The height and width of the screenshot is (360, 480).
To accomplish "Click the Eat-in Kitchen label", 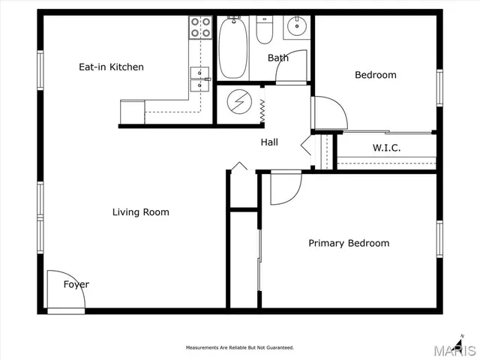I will [x=111, y=67].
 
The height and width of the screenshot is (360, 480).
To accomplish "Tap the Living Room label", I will [x=140, y=212].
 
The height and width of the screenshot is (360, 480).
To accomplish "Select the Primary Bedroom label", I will [x=349, y=243].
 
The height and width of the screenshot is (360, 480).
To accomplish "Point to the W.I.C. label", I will [x=386, y=148].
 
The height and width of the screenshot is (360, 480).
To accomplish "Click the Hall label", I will [x=269, y=142].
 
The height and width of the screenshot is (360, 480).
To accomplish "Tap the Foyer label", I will [x=76, y=284].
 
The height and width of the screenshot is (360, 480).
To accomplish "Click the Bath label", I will [x=277, y=58].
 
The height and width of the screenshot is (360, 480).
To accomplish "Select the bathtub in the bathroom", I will [x=233, y=48].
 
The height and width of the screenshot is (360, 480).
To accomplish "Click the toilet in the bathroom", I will [x=265, y=31].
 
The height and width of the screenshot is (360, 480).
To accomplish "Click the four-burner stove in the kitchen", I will [x=199, y=28].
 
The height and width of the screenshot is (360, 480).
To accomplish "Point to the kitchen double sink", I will [x=199, y=78].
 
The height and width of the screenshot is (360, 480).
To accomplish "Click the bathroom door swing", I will [x=293, y=67].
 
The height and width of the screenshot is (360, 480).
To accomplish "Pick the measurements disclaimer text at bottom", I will [x=240, y=348].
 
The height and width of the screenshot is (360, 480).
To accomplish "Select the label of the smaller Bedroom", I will [x=375, y=75].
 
